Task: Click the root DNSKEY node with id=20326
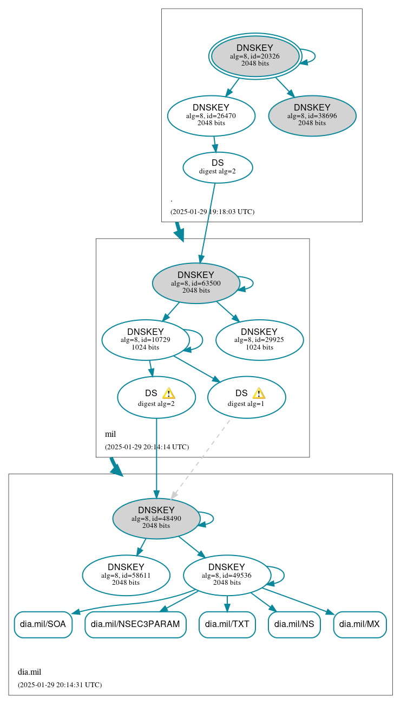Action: point(255,56)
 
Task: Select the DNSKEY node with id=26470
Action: point(211,115)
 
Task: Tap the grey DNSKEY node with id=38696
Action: point(312,115)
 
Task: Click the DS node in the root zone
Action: point(218,167)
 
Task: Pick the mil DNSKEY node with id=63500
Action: point(196,283)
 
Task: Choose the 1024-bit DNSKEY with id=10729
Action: point(146,340)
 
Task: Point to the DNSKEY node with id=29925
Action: point(259,340)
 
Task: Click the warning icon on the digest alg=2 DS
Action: point(168,393)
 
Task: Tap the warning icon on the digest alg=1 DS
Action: point(259,393)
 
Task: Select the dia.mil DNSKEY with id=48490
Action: point(156,518)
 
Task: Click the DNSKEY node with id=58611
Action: point(126,575)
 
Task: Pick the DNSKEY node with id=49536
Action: point(227,575)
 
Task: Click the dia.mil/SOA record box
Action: point(43,624)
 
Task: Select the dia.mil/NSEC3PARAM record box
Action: point(135,624)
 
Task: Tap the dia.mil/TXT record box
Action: point(227,624)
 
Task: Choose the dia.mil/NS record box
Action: point(294,624)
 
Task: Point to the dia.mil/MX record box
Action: point(360,624)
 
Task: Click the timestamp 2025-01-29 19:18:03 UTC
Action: point(212,212)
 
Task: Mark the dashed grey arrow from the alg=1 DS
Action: point(200,458)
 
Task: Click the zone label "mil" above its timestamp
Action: point(110,434)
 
